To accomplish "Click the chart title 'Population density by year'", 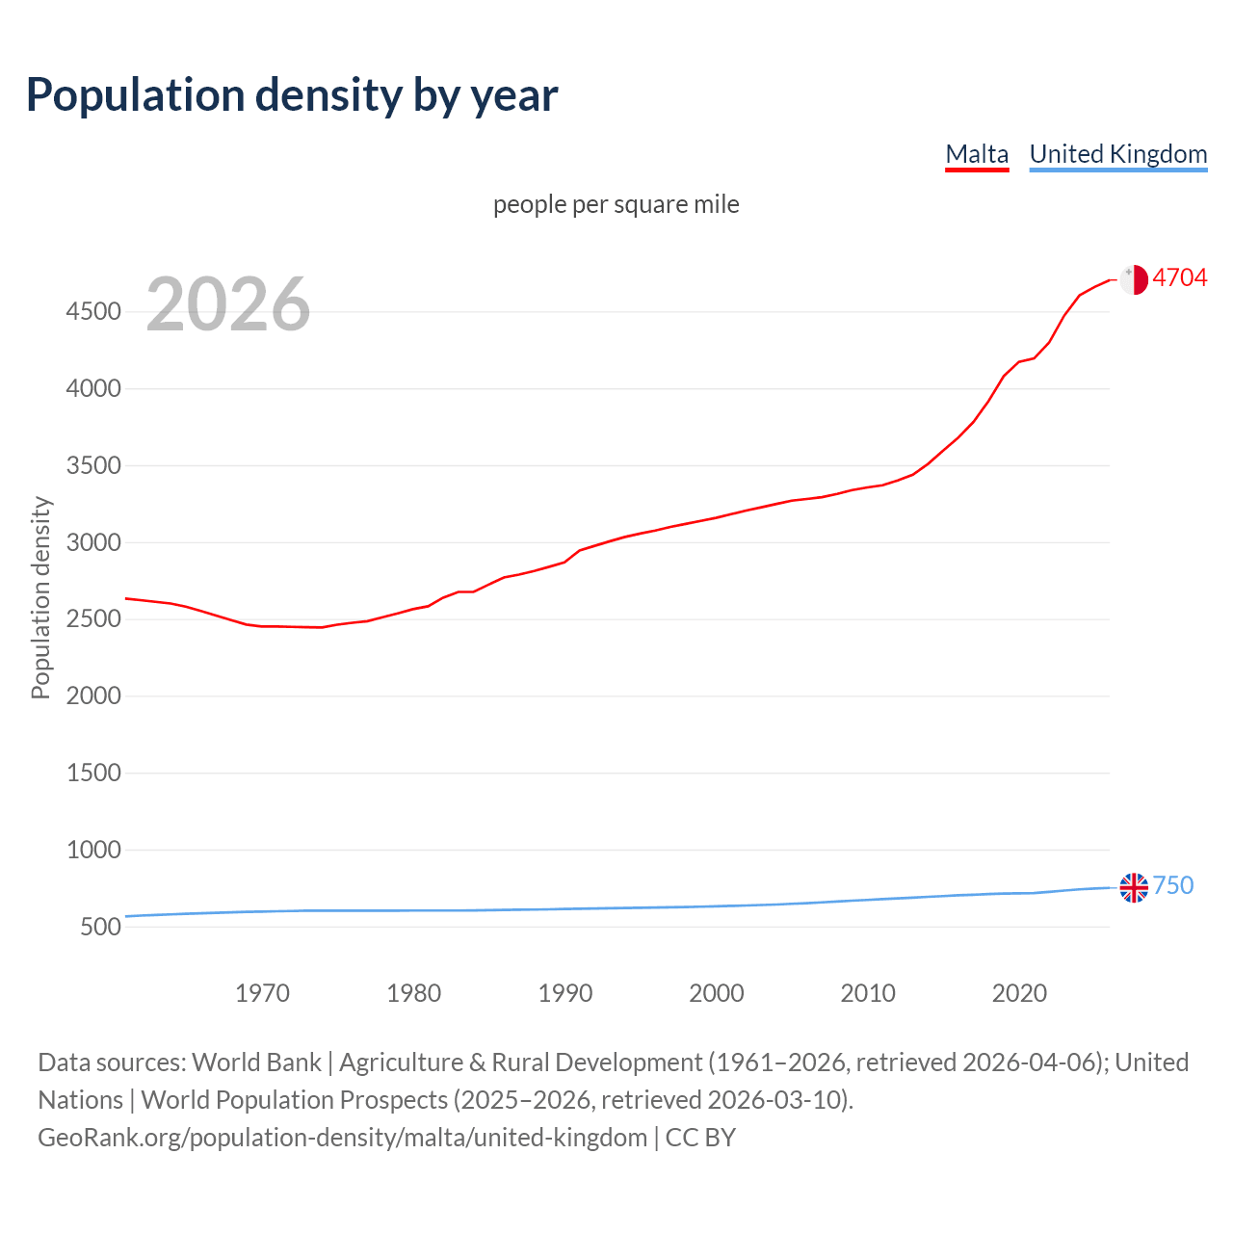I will click(x=292, y=95).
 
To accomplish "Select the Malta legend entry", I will click(x=977, y=154).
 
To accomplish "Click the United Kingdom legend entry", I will click(x=1117, y=154).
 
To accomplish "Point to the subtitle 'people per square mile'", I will click(x=616, y=204).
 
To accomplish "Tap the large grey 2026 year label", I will click(x=228, y=304).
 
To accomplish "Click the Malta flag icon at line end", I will click(x=1134, y=279).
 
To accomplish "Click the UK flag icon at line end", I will click(x=1134, y=887).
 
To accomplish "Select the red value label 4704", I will click(x=1179, y=277).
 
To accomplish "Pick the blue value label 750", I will click(x=1172, y=885).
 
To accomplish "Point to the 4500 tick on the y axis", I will click(x=93, y=311).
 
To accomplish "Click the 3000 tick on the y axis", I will click(x=93, y=542).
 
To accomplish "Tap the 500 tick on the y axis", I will click(x=100, y=927).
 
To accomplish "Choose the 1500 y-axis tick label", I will click(x=93, y=773).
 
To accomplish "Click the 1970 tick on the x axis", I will click(x=262, y=993).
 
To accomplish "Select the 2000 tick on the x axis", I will click(x=716, y=993).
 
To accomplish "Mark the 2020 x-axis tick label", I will click(x=1019, y=993).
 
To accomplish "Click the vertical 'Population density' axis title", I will click(x=40, y=597).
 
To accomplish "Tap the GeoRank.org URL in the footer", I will click(x=342, y=1138).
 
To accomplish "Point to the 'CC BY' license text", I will click(x=700, y=1138).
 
